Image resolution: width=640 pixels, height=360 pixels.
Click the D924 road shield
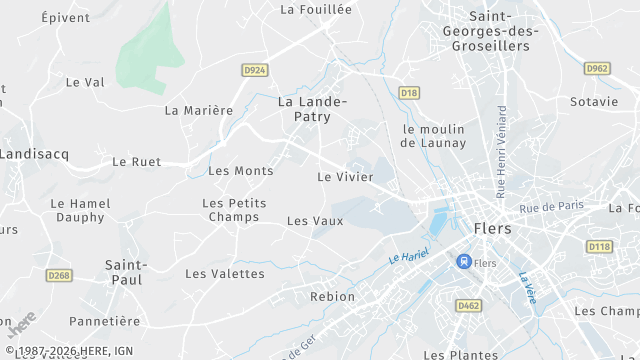click(255, 70)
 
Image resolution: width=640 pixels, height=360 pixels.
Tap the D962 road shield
click(597, 68)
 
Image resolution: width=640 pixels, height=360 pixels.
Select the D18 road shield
click(408, 93)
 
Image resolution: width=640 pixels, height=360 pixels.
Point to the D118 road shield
click(599, 246)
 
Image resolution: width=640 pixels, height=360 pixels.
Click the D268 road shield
click(60, 275)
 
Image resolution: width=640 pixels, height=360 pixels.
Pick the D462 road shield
click(467, 305)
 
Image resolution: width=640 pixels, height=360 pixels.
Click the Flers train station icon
click(463, 261)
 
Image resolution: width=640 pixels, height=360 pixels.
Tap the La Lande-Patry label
click(312, 109)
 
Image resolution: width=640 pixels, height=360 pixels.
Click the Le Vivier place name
click(345, 177)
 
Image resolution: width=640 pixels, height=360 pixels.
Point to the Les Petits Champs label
click(234, 210)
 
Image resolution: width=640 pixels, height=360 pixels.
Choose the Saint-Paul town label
click(126, 273)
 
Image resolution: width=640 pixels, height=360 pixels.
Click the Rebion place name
click(332, 297)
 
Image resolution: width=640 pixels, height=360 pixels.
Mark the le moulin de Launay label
click(433, 136)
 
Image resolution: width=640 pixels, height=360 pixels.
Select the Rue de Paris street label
click(551, 206)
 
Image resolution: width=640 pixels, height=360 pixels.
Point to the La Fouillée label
click(316, 9)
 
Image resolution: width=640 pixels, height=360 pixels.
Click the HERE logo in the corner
click(22, 326)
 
